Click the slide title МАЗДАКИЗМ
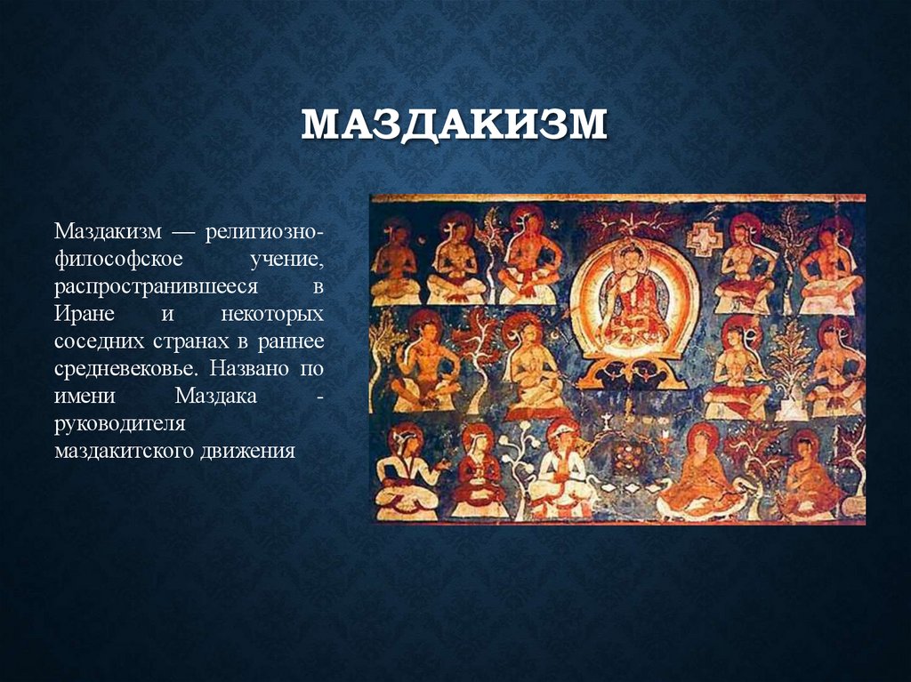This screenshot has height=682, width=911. click(454, 125)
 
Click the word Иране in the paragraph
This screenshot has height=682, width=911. click(84, 316)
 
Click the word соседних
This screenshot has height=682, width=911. click(93, 342)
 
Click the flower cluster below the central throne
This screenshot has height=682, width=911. click(628, 454)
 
